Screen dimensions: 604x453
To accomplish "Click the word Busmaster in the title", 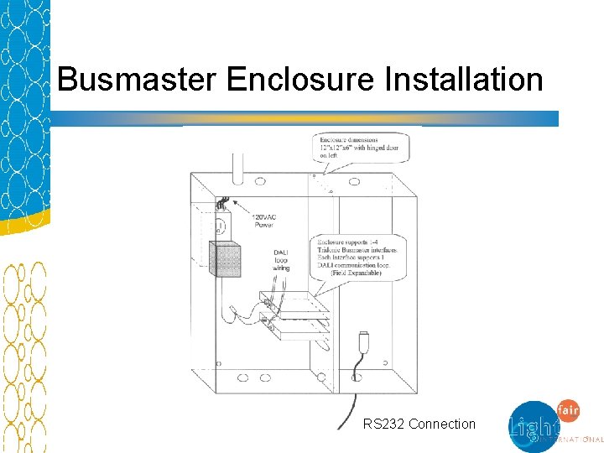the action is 138,81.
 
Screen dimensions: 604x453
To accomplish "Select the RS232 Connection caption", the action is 419,424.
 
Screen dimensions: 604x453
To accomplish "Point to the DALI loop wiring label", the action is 283,260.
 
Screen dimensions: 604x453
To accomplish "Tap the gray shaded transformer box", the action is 224,259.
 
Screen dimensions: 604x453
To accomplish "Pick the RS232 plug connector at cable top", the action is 363,342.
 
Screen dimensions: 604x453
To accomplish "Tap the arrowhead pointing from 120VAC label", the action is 235,203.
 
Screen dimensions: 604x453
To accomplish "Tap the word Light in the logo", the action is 532,428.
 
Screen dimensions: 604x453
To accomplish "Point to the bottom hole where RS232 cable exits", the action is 356,378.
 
